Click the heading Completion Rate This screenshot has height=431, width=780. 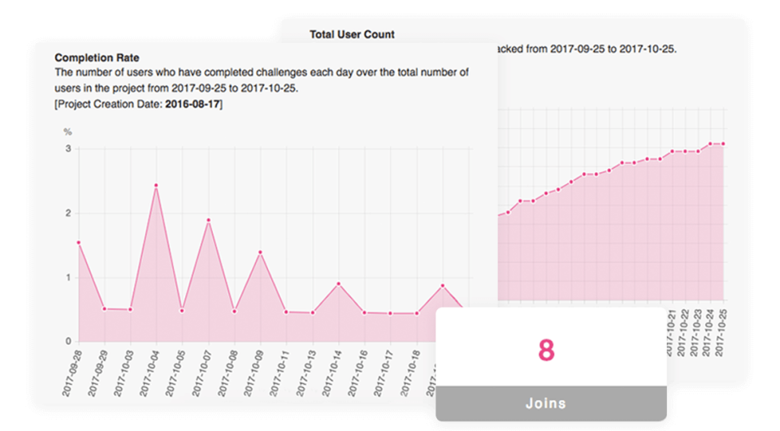tap(97, 58)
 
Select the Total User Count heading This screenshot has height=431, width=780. tap(352, 34)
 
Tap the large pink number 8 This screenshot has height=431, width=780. tap(546, 350)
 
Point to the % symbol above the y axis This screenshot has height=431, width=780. tap(68, 131)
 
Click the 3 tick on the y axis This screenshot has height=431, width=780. tap(68, 149)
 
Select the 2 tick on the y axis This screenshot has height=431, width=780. tap(68, 213)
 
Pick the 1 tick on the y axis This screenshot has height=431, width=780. tap(68, 278)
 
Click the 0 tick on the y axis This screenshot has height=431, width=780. tap(68, 341)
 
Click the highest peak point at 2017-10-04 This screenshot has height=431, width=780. tap(156, 186)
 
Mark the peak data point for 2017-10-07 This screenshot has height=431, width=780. tap(208, 220)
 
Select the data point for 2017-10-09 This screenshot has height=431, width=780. tap(260, 252)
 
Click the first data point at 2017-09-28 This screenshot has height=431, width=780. tap(79, 243)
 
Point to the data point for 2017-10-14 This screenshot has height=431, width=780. tap(339, 284)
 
